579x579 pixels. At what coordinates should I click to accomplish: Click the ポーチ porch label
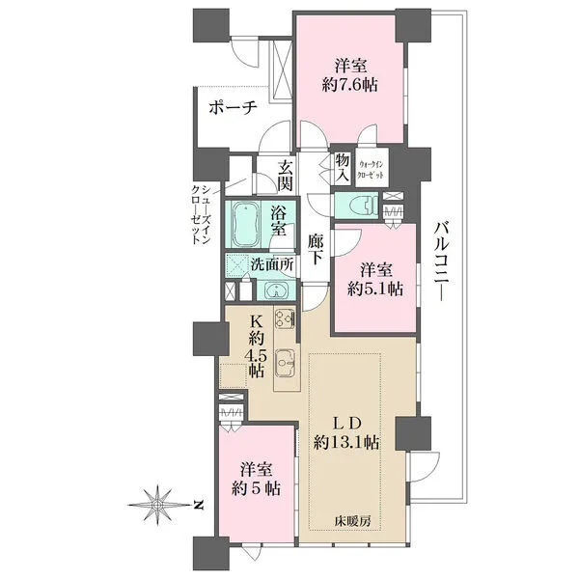click(x=233, y=108)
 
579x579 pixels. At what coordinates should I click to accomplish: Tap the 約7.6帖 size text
click(x=349, y=86)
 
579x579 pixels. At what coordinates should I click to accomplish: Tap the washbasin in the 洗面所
click(x=276, y=289)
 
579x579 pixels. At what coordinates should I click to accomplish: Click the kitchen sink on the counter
click(x=285, y=363)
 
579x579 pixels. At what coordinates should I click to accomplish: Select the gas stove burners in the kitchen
click(x=285, y=317)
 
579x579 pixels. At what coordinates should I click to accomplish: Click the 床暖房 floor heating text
click(x=352, y=521)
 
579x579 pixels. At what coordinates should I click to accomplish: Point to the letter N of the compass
click(x=199, y=505)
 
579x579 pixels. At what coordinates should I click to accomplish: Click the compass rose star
click(x=157, y=505)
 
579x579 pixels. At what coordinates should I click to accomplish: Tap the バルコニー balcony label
click(x=441, y=261)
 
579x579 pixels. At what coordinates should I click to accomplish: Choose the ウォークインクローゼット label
click(x=372, y=169)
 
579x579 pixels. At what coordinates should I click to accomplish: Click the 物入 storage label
click(x=343, y=168)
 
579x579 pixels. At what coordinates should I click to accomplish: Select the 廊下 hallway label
click(x=316, y=250)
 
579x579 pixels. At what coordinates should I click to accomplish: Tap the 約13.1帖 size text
click(x=346, y=442)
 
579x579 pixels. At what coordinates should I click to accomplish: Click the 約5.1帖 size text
click(x=374, y=289)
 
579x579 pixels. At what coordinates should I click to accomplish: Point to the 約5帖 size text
click(x=256, y=488)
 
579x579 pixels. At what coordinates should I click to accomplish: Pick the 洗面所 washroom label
click(x=272, y=264)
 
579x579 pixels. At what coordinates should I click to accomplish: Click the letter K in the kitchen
click(x=257, y=322)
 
